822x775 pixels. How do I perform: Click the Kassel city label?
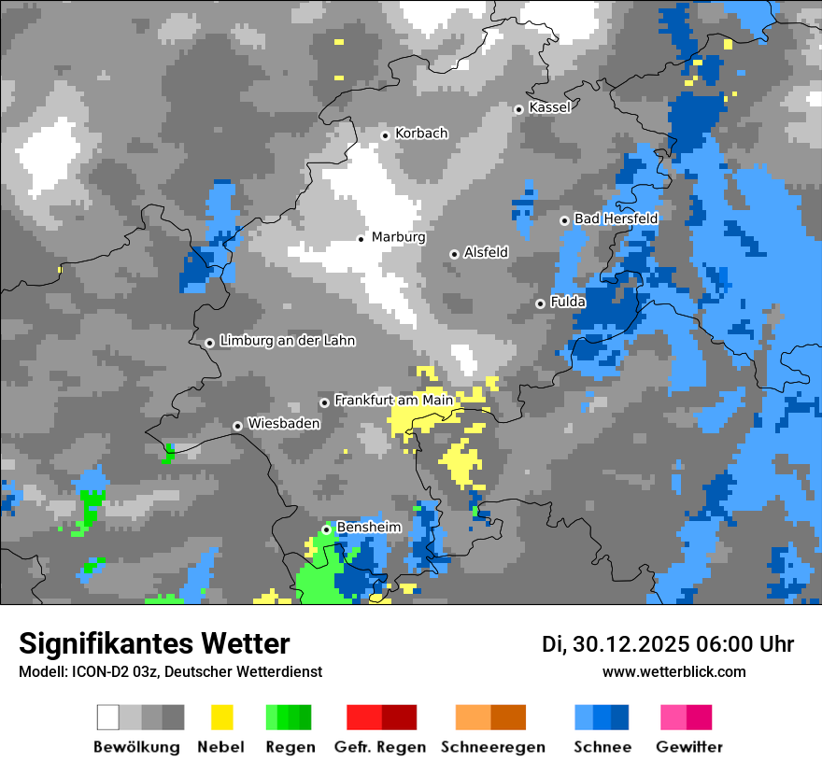coord(549,107)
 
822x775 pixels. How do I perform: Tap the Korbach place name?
coord(421,134)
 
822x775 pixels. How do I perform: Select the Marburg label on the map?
coord(398,237)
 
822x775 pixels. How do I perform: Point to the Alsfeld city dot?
coord(454,254)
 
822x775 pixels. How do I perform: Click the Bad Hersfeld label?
coord(616,218)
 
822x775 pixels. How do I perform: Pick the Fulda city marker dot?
coord(540,303)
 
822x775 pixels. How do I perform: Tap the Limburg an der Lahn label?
coord(287,341)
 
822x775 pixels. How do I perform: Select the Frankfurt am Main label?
coord(393,400)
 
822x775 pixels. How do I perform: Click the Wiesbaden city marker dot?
coord(237,426)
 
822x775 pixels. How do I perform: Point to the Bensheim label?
coord(368,527)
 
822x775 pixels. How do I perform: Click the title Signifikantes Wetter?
coord(154,643)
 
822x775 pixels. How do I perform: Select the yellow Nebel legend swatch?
coord(221,717)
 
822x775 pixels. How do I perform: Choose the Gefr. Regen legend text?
coord(380,747)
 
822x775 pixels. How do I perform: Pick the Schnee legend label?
coord(602,747)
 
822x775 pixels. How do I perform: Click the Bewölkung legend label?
coord(136,747)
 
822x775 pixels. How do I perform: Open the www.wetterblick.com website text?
coord(673,671)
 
